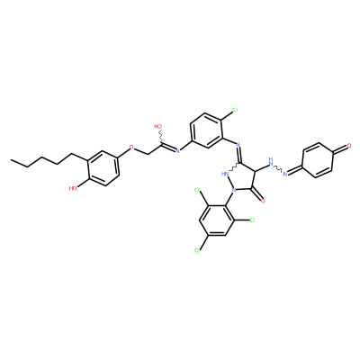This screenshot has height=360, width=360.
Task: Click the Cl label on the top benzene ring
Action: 235,110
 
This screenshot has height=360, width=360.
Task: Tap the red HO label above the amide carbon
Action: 157,127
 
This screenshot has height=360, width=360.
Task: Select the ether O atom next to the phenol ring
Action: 131,148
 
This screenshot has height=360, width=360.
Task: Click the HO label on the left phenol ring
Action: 73,188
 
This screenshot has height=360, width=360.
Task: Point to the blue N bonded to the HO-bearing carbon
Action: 177,150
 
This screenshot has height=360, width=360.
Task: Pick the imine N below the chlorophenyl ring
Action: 238,145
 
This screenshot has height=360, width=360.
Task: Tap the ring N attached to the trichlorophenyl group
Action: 234,190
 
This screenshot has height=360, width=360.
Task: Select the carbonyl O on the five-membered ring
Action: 263,201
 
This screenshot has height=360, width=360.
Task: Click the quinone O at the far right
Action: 349,146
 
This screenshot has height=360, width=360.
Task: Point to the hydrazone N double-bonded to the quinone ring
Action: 285,174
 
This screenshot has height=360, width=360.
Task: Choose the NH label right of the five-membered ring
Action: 271,162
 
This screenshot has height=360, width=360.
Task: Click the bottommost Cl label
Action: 197,250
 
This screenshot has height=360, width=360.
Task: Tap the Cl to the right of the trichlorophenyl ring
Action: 252,220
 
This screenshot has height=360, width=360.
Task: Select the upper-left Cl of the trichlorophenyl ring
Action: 197,190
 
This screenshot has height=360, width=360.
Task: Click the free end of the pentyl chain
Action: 11,160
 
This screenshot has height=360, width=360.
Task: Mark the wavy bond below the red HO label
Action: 161,138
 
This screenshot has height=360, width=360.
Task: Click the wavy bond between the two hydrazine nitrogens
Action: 278,168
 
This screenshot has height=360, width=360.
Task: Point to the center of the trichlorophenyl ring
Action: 217,220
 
